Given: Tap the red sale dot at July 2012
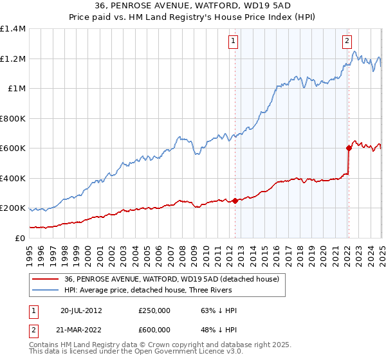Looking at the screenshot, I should [235, 201].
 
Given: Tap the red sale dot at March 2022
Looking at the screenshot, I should [349, 148].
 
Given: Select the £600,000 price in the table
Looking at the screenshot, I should [154, 330].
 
